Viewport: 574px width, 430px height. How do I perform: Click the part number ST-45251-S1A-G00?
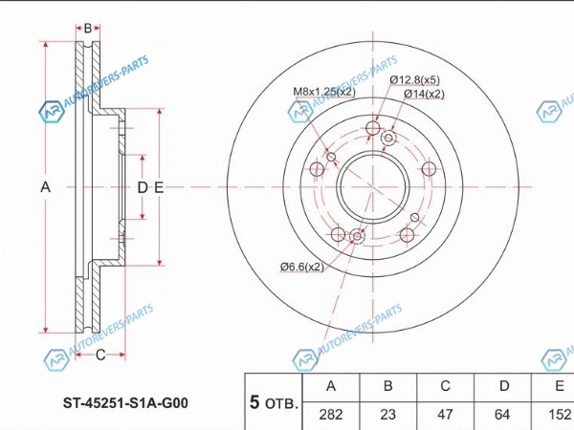pos(125,403)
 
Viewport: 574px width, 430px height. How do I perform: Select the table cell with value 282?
pos(331,415)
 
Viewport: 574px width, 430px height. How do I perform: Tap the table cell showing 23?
pos(388,415)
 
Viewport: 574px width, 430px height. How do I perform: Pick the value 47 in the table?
pos(445,415)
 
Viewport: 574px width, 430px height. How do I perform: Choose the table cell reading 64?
pos(502,415)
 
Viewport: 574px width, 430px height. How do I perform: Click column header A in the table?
pos(331,386)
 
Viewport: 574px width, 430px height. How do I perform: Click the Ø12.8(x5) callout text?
pos(415,79)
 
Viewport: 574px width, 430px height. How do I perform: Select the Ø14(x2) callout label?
pos(424,94)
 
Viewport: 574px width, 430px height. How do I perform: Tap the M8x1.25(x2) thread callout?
pos(324,92)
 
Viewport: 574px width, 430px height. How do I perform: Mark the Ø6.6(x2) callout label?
pos(302,267)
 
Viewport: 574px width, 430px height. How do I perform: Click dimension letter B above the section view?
pos(88,28)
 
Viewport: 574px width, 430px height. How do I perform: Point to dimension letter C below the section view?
pos(100,355)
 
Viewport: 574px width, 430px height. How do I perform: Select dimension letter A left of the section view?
pos(45,187)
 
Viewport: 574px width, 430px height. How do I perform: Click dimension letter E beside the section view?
pos(159,187)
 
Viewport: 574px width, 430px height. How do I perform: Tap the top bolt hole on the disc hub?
pos(373,128)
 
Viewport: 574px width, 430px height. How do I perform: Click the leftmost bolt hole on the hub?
pos(317,169)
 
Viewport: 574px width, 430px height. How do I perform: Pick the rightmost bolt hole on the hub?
pos(429,169)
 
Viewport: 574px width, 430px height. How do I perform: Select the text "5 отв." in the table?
pos(274,402)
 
